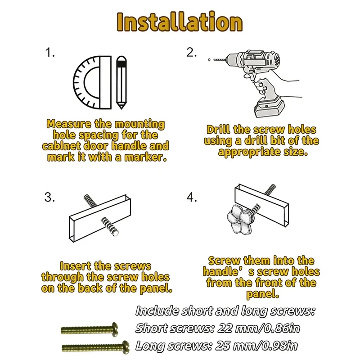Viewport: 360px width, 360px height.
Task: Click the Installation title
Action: point(180,22)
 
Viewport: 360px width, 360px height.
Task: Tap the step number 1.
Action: point(50,53)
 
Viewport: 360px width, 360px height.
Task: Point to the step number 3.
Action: point(49,197)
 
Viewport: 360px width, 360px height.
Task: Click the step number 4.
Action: point(192,197)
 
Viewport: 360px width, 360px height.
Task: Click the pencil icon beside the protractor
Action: point(121,82)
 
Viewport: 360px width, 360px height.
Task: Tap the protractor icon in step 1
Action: point(92,82)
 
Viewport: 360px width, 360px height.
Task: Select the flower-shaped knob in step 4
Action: point(239,219)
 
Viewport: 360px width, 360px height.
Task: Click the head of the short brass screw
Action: point(115,330)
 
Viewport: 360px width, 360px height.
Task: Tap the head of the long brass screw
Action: point(126,347)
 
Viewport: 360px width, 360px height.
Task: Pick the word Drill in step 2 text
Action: point(218,130)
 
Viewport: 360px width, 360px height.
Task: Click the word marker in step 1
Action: point(145,157)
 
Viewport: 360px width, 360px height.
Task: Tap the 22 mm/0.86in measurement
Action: point(259,328)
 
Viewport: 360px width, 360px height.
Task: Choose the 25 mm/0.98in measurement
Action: point(256,346)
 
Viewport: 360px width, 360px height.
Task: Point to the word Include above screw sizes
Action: point(157,311)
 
